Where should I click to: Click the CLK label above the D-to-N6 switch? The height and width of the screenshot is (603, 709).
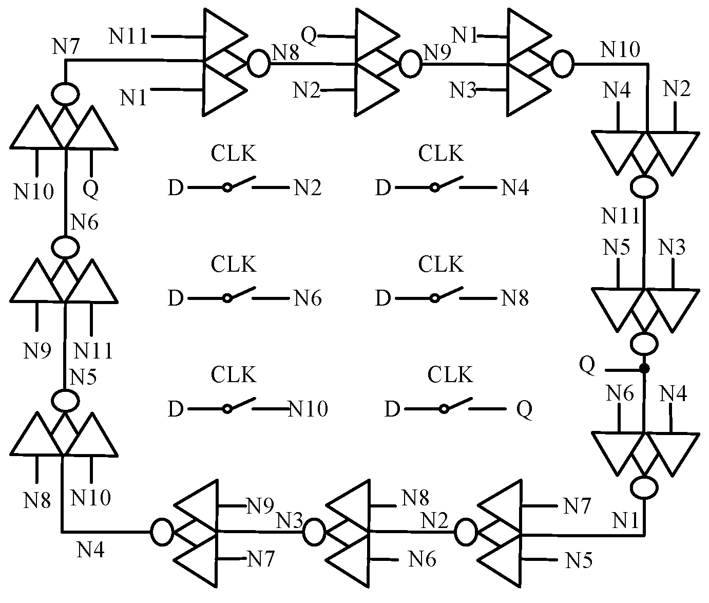(x=233, y=265)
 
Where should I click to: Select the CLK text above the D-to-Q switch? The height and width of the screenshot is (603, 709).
(x=450, y=375)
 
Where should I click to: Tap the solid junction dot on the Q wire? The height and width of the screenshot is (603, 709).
(x=644, y=369)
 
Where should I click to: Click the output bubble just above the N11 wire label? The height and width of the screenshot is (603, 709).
(x=644, y=186)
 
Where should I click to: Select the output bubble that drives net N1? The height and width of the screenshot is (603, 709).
(x=644, y=487)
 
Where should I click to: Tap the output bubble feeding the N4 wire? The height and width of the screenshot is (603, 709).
(x=162, y=532)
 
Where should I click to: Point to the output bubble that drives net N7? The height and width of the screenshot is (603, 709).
(x=65, y=94)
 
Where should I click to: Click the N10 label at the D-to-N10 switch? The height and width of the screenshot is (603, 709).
(x=309, y=409)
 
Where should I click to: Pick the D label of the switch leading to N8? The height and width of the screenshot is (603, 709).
(x=383, y=298)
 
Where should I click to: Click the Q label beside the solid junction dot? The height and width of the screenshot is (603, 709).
(x=587, y=365)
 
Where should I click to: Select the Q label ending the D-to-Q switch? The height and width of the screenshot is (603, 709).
(x=524, y=409)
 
